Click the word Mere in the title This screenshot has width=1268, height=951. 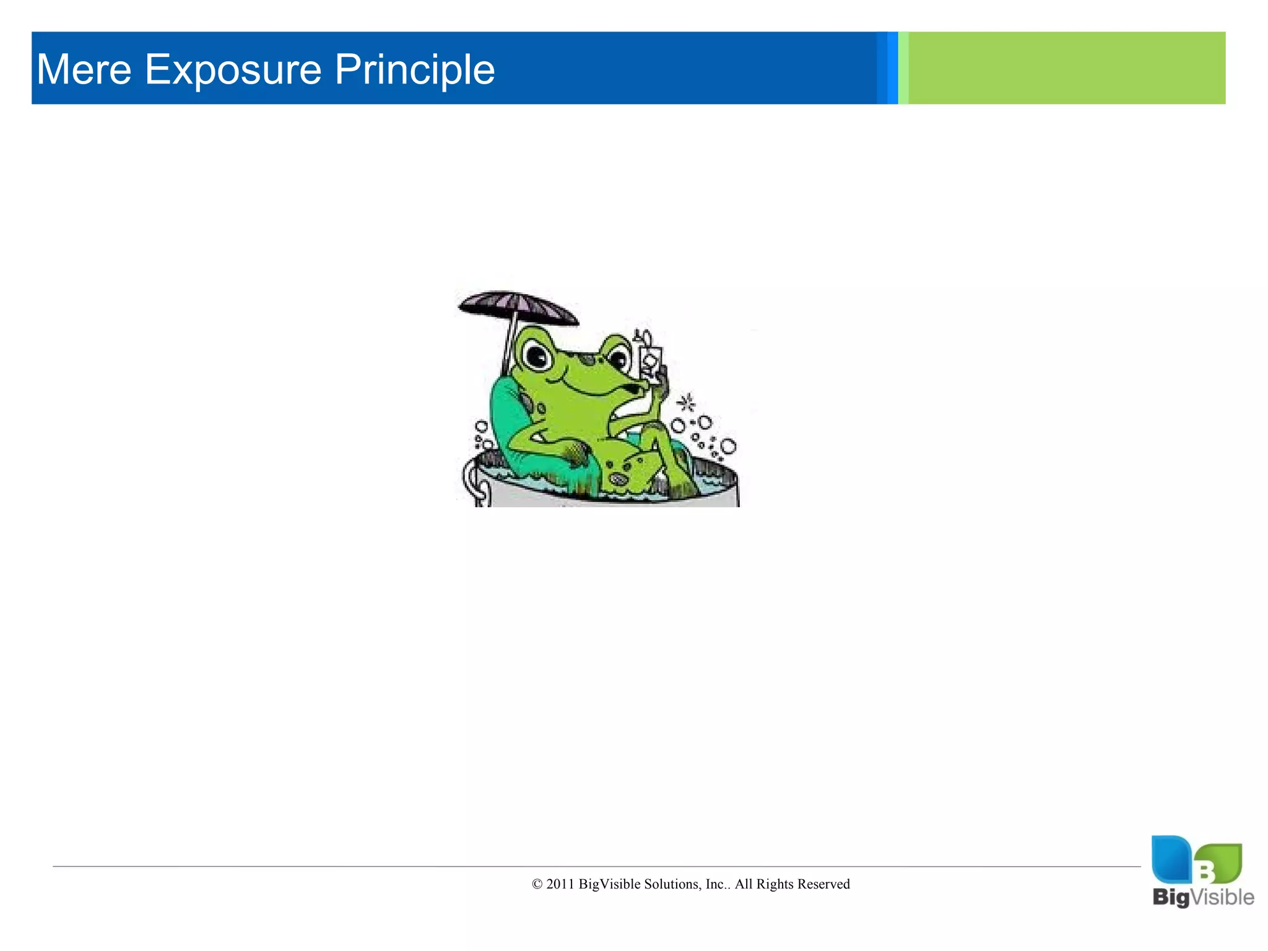tap(84, 69)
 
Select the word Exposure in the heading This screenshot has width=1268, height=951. tap(233, 69)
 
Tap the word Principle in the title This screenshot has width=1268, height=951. tap(414, 69)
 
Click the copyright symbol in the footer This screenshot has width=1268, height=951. tap(537, 884)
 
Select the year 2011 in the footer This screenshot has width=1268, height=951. tap(560, 884)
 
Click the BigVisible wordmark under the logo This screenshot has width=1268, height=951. tap(1203, 897)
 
